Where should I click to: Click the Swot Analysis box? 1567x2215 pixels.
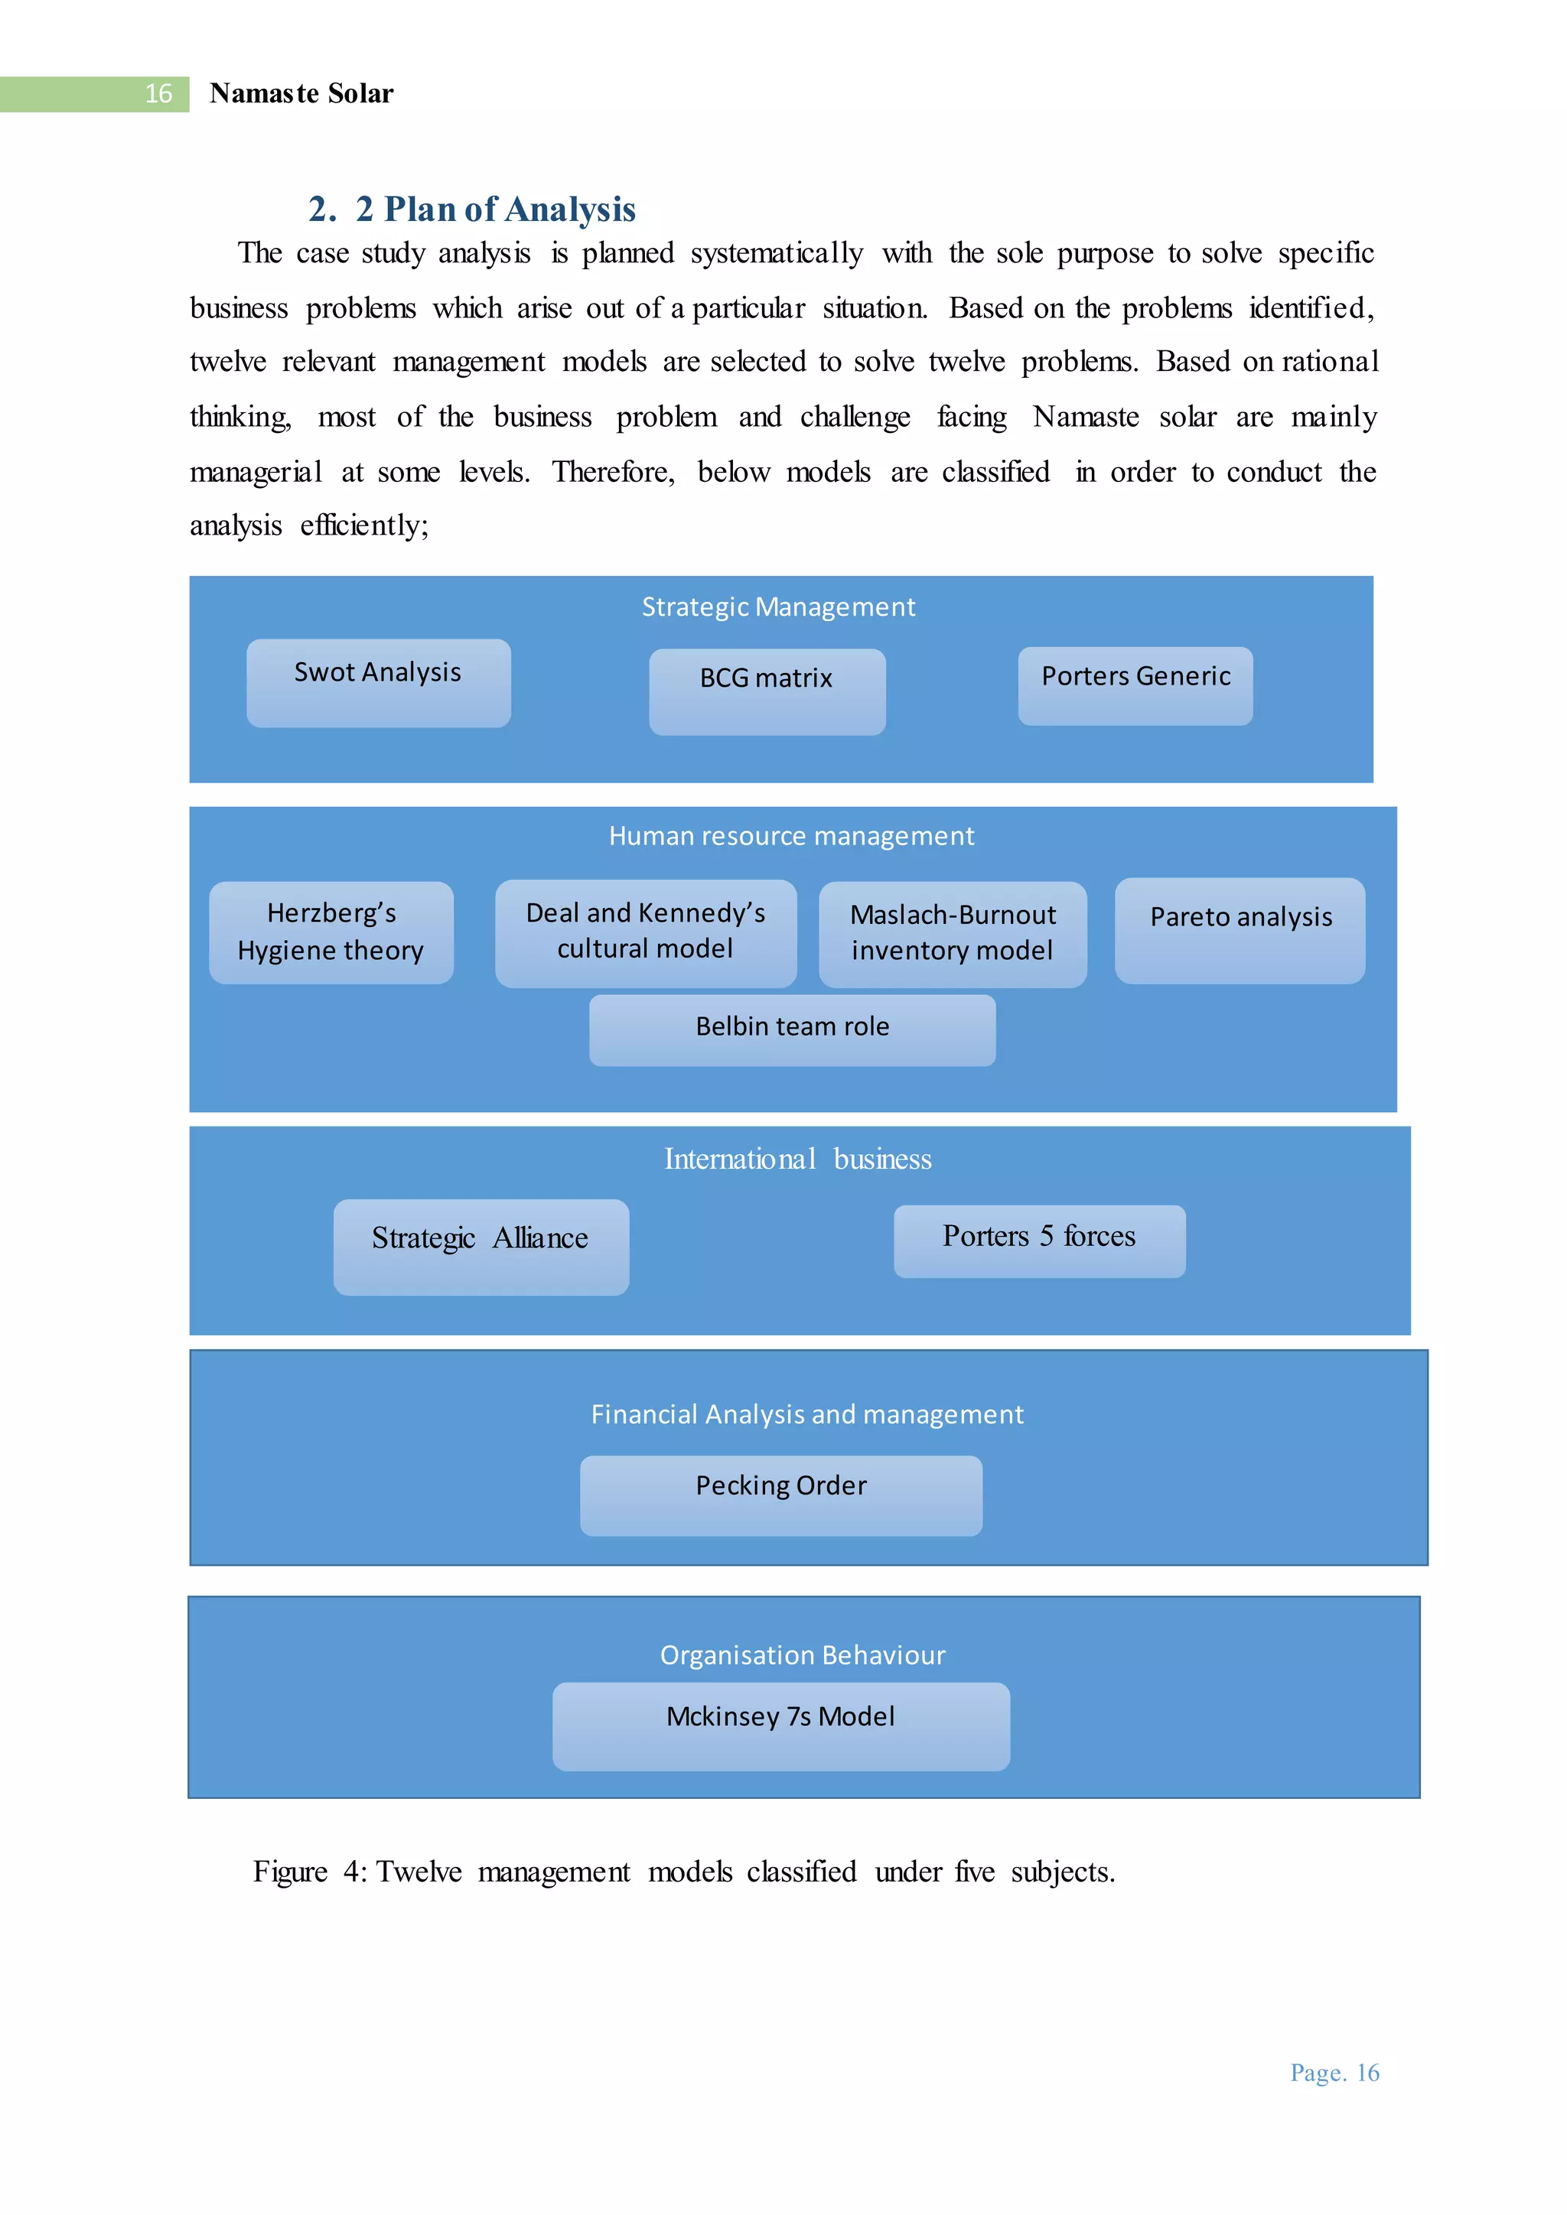click(378, 683)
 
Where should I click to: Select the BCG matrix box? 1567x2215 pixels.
click(767, 691)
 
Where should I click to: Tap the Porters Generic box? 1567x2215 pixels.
click(1135, 685)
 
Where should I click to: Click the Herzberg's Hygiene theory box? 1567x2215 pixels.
click(331, 932)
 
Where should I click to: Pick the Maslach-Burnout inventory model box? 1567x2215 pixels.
click(953, 934)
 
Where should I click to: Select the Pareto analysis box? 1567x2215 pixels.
click(1240, 930)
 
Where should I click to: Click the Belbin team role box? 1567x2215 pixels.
click(792, 1029)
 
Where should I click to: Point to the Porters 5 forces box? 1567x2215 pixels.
click(1039, 1241)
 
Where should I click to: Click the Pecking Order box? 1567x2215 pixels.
click(780, 1495)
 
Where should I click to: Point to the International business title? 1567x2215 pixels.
click(798, 1159)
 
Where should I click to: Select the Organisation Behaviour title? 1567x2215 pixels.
click(802, 1654)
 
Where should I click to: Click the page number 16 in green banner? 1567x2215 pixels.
click(158, 93)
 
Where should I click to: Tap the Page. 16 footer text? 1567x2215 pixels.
click(1334, 2072)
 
